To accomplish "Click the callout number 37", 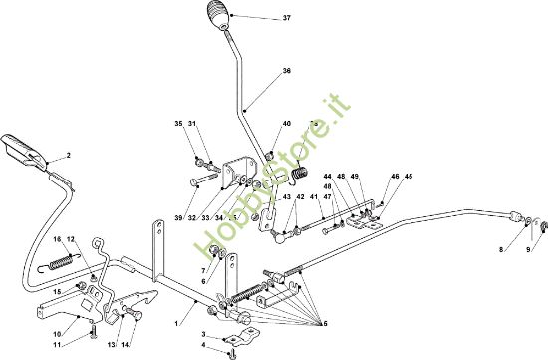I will (x=259, y=19).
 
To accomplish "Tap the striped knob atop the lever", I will (x=217, y=18).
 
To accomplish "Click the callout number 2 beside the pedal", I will (x=69, y=156).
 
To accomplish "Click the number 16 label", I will (x=58, y=239).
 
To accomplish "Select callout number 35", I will (x=179, y=124).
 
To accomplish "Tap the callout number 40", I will (x=286, y=124).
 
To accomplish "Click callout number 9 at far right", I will (x=528, y=250).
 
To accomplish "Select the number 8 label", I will (x=501, y=250).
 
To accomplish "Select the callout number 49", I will (x=354, y=178).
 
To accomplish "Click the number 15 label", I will (x=57, y=291).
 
